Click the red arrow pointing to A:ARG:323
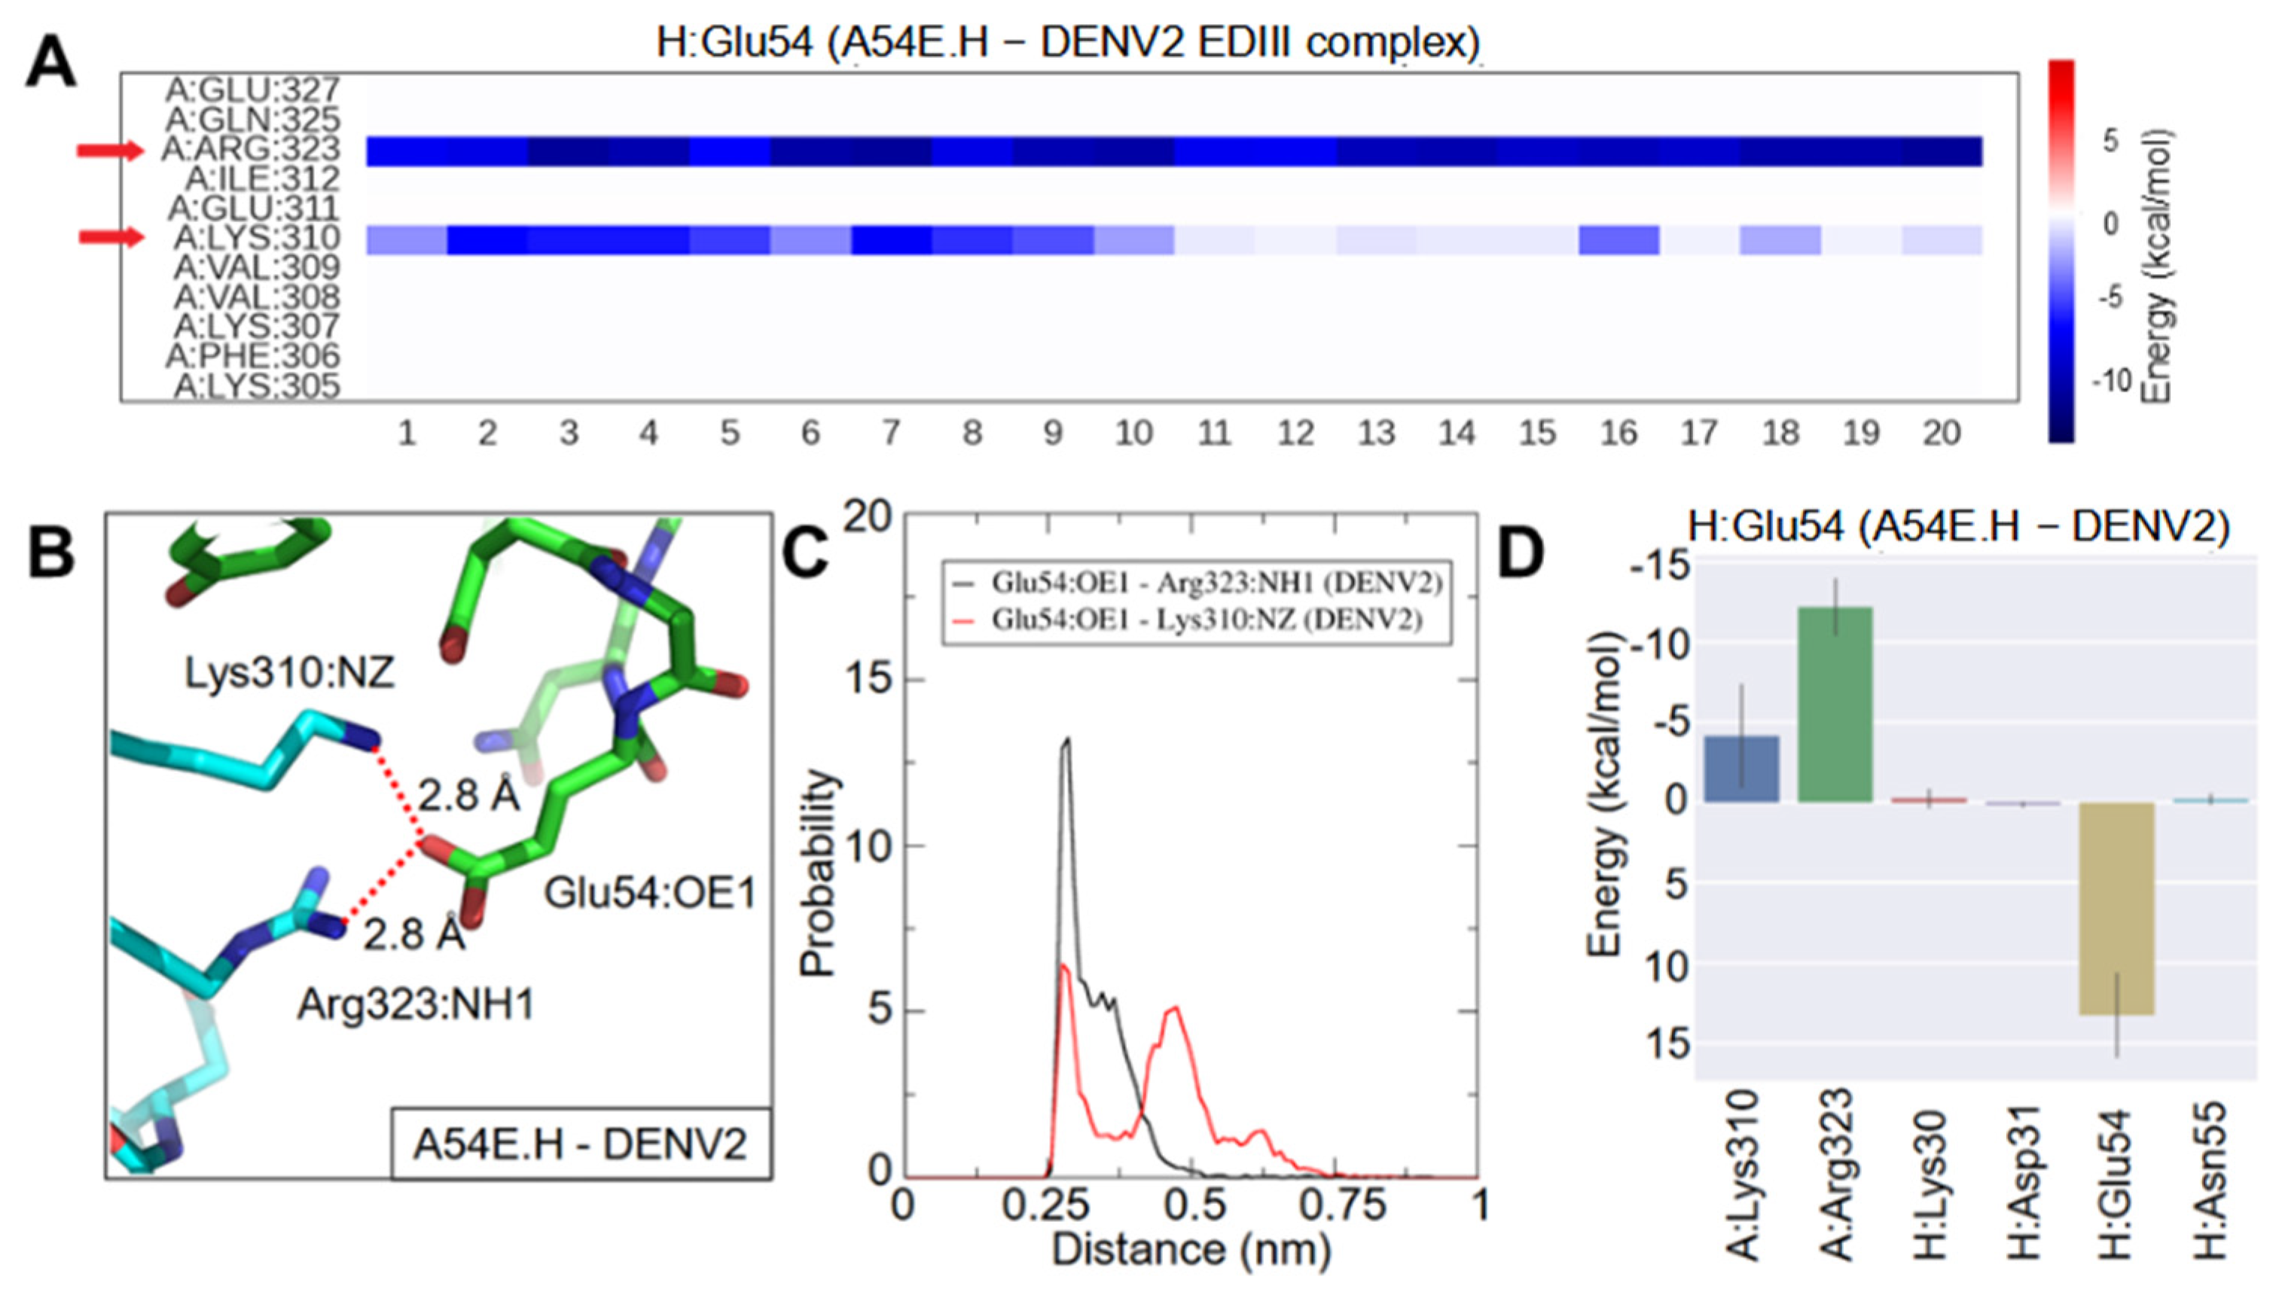pos(109,151)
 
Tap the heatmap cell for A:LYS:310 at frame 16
pos(1618,240)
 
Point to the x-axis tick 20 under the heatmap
pos(1942,433)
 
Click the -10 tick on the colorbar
pos(2110,381)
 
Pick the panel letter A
pos(50,65)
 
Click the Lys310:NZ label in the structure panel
pos(289,673)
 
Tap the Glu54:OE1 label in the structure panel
pos(649,892)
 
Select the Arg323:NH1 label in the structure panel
pos(416,1004)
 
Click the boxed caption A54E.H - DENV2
pos(580,1144)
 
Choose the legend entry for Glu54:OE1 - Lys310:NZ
pos(1206,619)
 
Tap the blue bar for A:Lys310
pos(1742,769)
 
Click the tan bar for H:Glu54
pos(2116,907)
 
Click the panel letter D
pos(1522,553)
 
